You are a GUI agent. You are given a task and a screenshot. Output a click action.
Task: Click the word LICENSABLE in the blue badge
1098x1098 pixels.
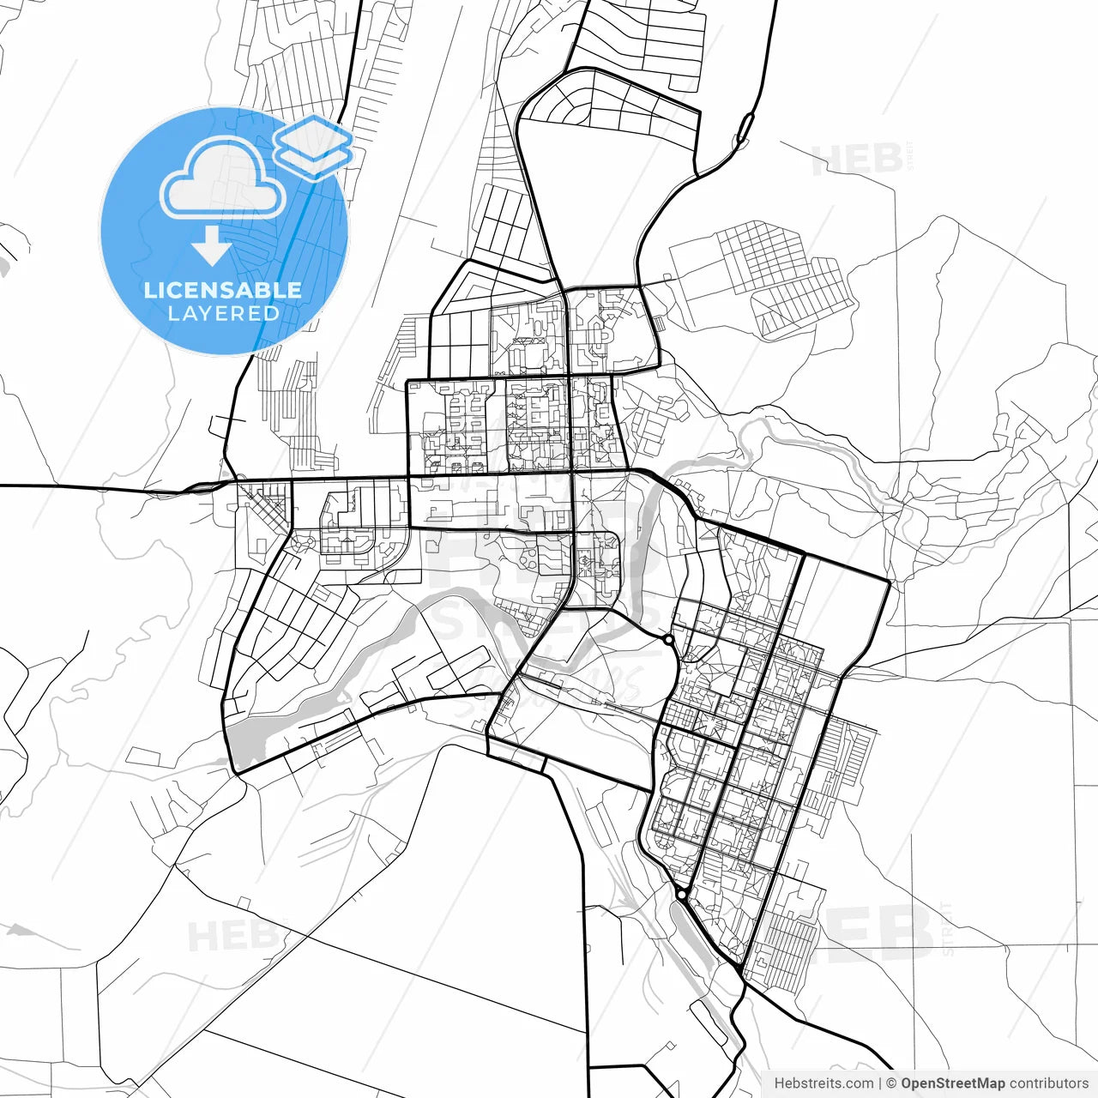pyautogui.click(x=223, y=290)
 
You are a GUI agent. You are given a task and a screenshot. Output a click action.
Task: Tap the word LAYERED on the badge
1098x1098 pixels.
pyautogui.click(x=223, y=314)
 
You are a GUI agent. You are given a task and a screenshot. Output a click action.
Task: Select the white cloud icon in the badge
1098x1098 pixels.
pyautogui.click(x=223, y=178)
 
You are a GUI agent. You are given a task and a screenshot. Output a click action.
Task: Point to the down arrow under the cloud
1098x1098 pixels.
pyautogui.click(x=211, y=246)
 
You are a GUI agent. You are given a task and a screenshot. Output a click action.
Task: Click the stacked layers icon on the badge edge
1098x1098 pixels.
pyautogui.click(x=314, y=147)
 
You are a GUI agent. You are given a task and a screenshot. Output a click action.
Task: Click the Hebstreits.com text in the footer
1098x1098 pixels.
pyautogui.click(x=823, y=1083)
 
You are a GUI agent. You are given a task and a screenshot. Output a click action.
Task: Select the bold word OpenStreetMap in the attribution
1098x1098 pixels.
pyautogui.click(x=952, y=1083)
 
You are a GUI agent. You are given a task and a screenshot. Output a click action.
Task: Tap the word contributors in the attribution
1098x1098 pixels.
pyautogui.click(x=1048, y=1083)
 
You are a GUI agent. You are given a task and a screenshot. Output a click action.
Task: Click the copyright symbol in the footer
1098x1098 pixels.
pyautogui.click(x=891, y=1083)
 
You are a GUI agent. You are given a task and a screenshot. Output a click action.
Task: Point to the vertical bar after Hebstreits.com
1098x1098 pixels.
pyautogui.click(x=880, y=1083)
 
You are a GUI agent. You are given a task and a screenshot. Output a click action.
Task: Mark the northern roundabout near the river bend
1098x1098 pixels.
pyautogui.click(x=668, y=639)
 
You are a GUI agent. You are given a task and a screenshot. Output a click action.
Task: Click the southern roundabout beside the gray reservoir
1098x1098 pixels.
pyautogui.click(x=681, y=894)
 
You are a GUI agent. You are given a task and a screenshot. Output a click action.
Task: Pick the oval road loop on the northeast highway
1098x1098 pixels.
pyautogui.click(x=745, y=128)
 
